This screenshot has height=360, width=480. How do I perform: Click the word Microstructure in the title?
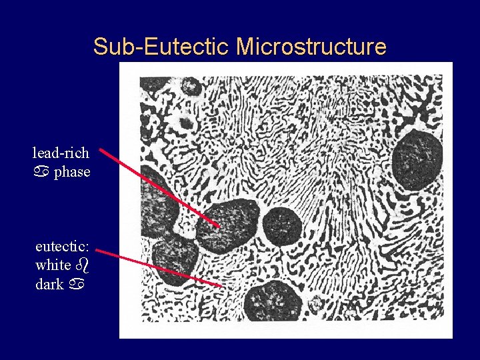click(311, 47)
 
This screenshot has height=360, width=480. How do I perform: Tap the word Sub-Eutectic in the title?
click(162, 47)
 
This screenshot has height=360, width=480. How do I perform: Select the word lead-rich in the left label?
click(61, 153)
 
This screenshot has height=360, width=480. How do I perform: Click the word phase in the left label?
click(72, 173)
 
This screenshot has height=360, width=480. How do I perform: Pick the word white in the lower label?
click(53, 265)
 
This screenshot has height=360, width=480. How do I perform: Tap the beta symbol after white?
click(83, 265)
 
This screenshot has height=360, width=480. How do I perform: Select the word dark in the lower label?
click(49, 284)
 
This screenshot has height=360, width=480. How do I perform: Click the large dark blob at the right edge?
click(417, 160)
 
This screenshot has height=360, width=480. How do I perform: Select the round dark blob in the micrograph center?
click(282, 225)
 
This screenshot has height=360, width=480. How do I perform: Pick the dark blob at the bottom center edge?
click(271, 302)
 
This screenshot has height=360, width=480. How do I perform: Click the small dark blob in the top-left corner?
click(191, 86)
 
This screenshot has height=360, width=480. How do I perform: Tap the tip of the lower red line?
click(222, 286)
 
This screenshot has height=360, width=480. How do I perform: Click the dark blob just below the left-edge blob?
click(174, 257)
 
